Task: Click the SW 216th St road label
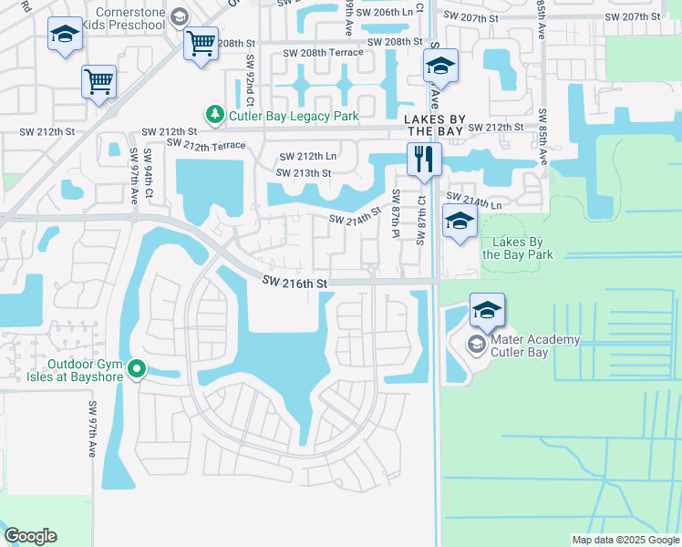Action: tap(295, 284)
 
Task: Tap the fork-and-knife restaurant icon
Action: tap(423, 160)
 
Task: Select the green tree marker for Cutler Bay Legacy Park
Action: tap(215, 115)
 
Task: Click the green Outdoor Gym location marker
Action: tap(137, 369)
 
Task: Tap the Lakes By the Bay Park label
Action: tap(518, 248)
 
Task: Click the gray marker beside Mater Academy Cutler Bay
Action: tap(475, 345)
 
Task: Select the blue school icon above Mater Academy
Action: tap(488, 310)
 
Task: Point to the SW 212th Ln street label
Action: tap(302, 158)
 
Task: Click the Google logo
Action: tap(30, 536)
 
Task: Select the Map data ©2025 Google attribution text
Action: tap(625, 540)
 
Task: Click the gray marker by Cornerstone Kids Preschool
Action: tap(180, 16)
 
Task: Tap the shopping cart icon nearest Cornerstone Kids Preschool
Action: tap(200, 42)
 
